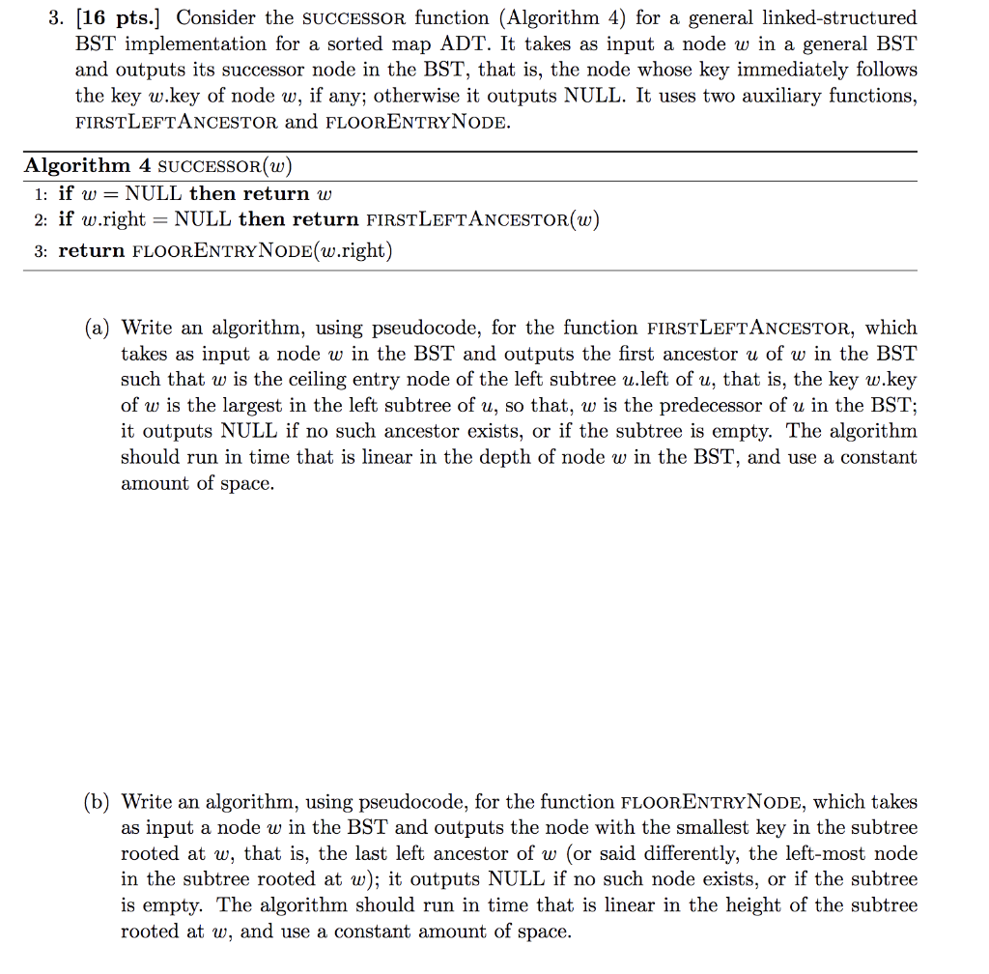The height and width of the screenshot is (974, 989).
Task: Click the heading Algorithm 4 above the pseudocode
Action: [87, 164]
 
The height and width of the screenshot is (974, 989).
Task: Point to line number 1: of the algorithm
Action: [40, 193]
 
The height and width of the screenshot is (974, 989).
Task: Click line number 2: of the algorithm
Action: [40, 219]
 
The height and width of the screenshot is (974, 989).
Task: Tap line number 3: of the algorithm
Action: [40, 250]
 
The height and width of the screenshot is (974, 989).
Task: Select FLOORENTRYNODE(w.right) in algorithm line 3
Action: [261, 250]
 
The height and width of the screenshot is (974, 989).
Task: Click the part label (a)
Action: [97, 328]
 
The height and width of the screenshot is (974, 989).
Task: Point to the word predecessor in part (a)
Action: [717, 406]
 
